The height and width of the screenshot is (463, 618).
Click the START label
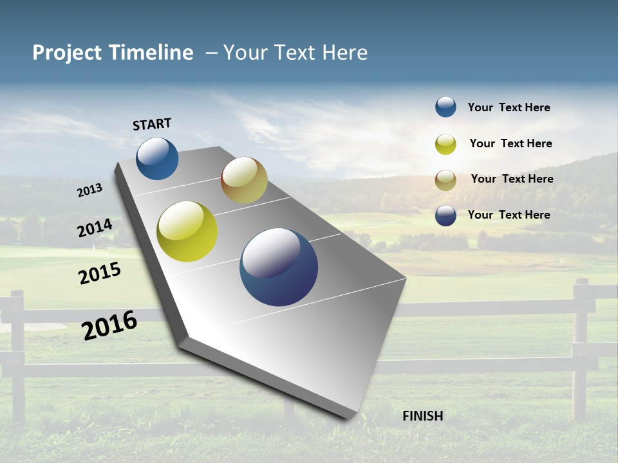tap(152, 124)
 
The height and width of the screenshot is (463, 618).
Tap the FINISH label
tap(422, 416)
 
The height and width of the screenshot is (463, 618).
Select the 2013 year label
tap(89, 190)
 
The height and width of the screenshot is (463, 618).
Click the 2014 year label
tap(95, 228)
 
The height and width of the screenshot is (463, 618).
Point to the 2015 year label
tap(99, 273)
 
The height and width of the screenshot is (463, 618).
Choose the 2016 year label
tap(109, 325)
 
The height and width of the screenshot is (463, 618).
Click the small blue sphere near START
tap(157, 158)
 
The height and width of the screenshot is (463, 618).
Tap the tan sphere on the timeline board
tap(244, 180)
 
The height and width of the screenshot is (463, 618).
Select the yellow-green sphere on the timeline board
tap(187, 232)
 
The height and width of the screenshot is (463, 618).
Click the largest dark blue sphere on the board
tap(279, 267)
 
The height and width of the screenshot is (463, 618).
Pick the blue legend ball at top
tap(445, 107)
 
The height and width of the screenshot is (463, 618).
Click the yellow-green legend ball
tap(445, 144)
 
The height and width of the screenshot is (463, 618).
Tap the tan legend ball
tap(445, 180)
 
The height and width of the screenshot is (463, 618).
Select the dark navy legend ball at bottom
tap(445, 215)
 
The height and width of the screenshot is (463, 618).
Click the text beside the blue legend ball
tap(509, 108)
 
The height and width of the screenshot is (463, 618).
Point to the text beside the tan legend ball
tap(512, 179)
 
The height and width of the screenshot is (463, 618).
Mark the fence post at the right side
tap(581, 347)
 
